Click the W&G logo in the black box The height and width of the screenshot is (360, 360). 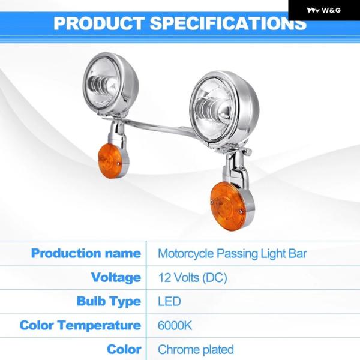(323, 10)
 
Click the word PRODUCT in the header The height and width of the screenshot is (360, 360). (99, 23)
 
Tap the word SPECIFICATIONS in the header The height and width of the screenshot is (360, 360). (228, 23)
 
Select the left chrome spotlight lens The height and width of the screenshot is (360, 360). (101, 83)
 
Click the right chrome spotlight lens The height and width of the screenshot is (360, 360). (213, 107)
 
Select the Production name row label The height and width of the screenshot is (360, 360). (86, 253)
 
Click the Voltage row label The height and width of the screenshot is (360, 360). (116, 277)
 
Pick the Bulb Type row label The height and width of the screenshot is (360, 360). (109, 301)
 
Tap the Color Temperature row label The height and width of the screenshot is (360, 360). (80, 325)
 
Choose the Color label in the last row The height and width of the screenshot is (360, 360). (124, 349)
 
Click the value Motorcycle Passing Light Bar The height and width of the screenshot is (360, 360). (232, 254)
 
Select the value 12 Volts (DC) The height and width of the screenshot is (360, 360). (193, 278)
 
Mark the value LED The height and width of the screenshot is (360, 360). (169, 301)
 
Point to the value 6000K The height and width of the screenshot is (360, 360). (175, 325)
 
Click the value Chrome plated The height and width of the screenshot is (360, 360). (196, 349)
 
